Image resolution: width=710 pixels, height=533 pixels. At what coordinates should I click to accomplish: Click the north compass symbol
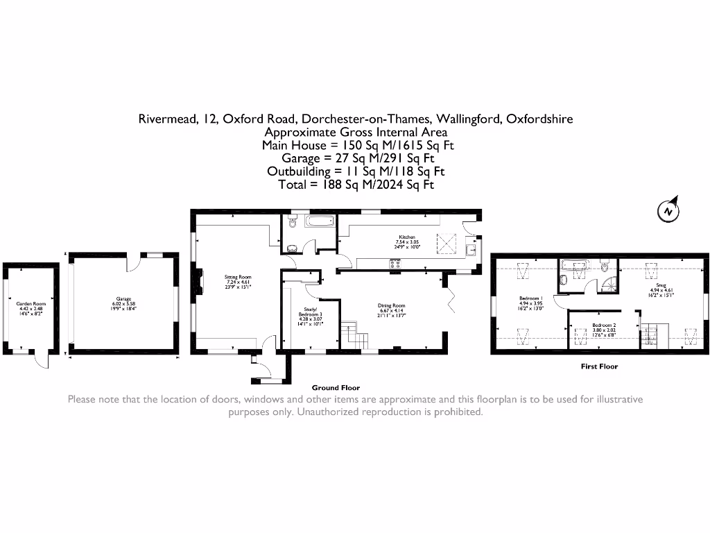(668, 210)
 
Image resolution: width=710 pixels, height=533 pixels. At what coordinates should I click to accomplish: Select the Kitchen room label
(406, 241)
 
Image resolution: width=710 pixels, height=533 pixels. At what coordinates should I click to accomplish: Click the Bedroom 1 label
(529, 303)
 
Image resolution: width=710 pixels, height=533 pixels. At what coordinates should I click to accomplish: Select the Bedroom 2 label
(604, 328)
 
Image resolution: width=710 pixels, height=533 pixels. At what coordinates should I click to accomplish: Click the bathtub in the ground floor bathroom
(320, 222)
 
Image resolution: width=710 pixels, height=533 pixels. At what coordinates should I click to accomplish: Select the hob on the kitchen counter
(396, 263)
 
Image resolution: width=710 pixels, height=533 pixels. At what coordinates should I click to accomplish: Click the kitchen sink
(471, 250)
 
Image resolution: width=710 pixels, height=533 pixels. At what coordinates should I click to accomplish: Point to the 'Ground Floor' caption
(336, 388)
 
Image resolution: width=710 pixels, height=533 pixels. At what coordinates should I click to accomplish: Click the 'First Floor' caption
(599, 366)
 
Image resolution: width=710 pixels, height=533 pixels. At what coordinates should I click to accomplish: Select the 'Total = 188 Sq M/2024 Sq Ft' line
(356, 184)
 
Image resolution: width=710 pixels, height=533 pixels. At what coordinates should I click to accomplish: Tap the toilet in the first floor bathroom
(605, 265)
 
